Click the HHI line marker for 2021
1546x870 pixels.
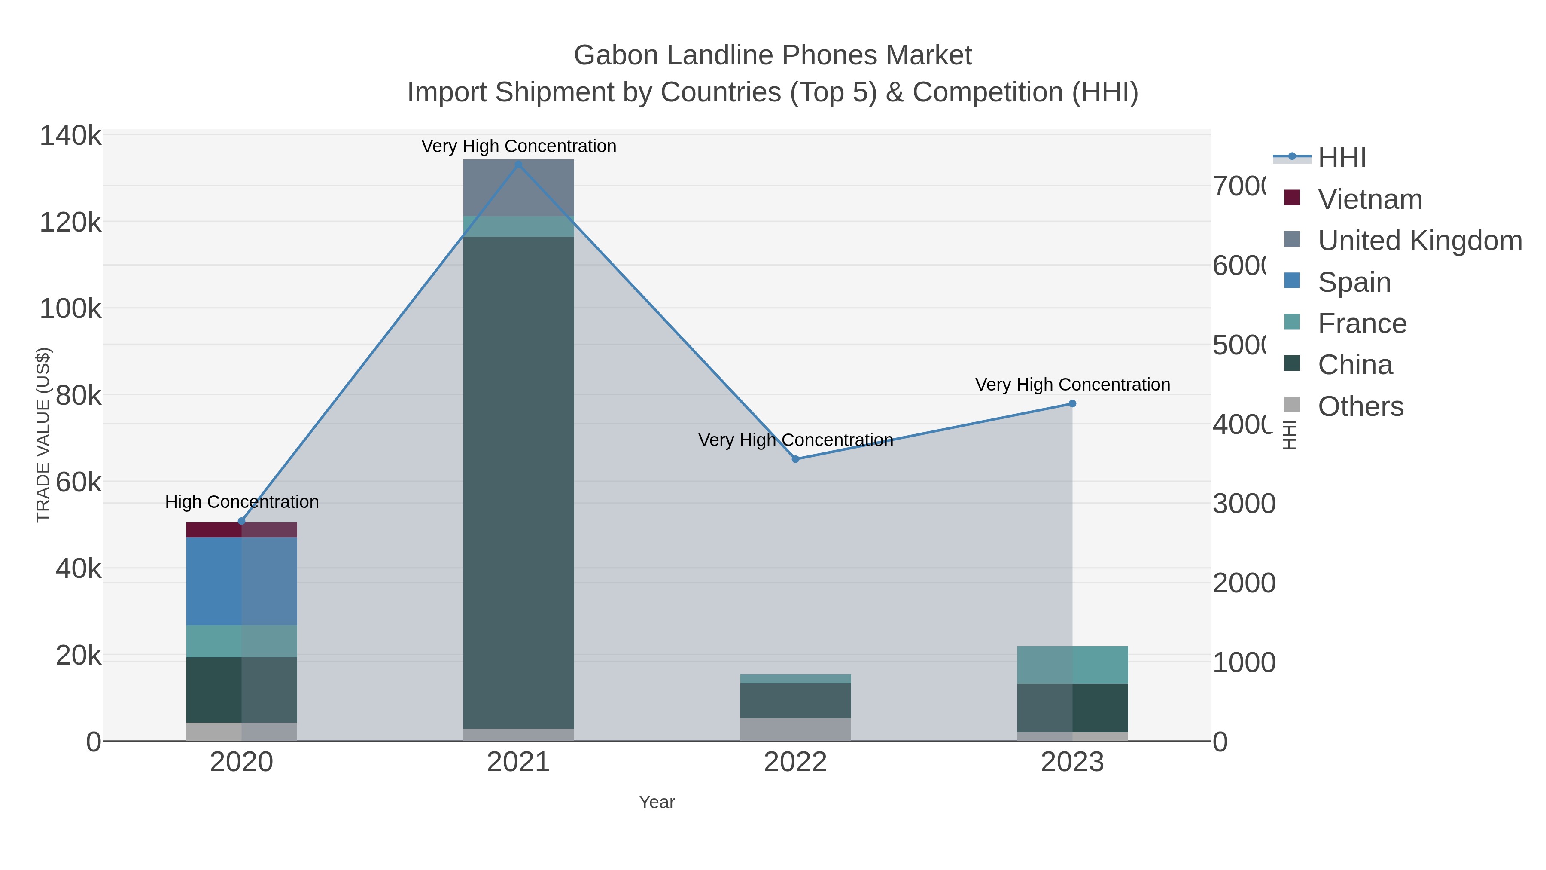click(518, 164)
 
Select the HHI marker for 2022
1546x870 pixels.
click(795, 459)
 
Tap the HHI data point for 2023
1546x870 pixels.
click(1072, 403)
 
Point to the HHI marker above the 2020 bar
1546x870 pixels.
click(242, 521)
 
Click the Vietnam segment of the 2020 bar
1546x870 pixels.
click(242, 530)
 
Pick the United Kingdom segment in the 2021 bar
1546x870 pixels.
click(518, 187)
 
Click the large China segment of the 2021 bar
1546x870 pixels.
click(518, 480)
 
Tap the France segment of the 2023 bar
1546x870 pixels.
click(1072, 665)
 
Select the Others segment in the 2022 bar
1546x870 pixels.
click(795, 730)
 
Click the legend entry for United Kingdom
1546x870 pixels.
click(1419, 240)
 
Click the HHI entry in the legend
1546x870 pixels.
click(1342, 158)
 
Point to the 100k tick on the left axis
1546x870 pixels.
click(70, 309)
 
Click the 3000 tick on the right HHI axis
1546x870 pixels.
click(1244, 504)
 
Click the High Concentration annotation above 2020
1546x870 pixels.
click(242, 502)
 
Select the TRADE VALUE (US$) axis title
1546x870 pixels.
click(43, 435)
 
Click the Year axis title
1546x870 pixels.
click(657, 802)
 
